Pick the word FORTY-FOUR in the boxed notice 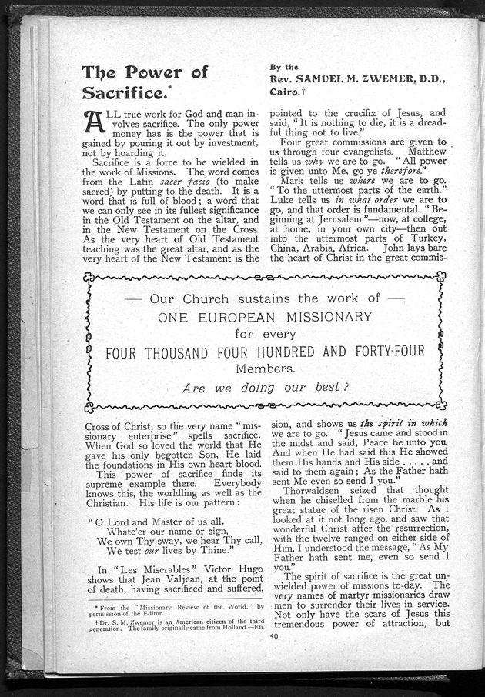[x=383, y=352]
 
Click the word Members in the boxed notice [x=265, y=369]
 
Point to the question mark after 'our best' [x=346, y=387]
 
